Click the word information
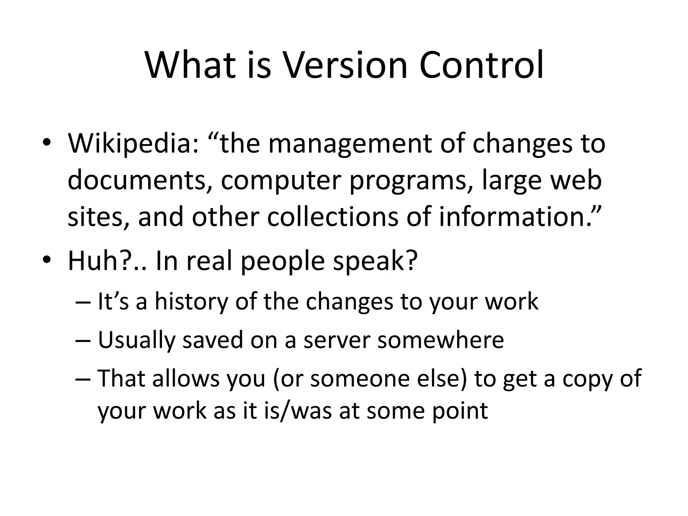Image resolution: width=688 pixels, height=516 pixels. click(x=515, y=217)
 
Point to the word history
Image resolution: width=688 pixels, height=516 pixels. click(x=191, y=301)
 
